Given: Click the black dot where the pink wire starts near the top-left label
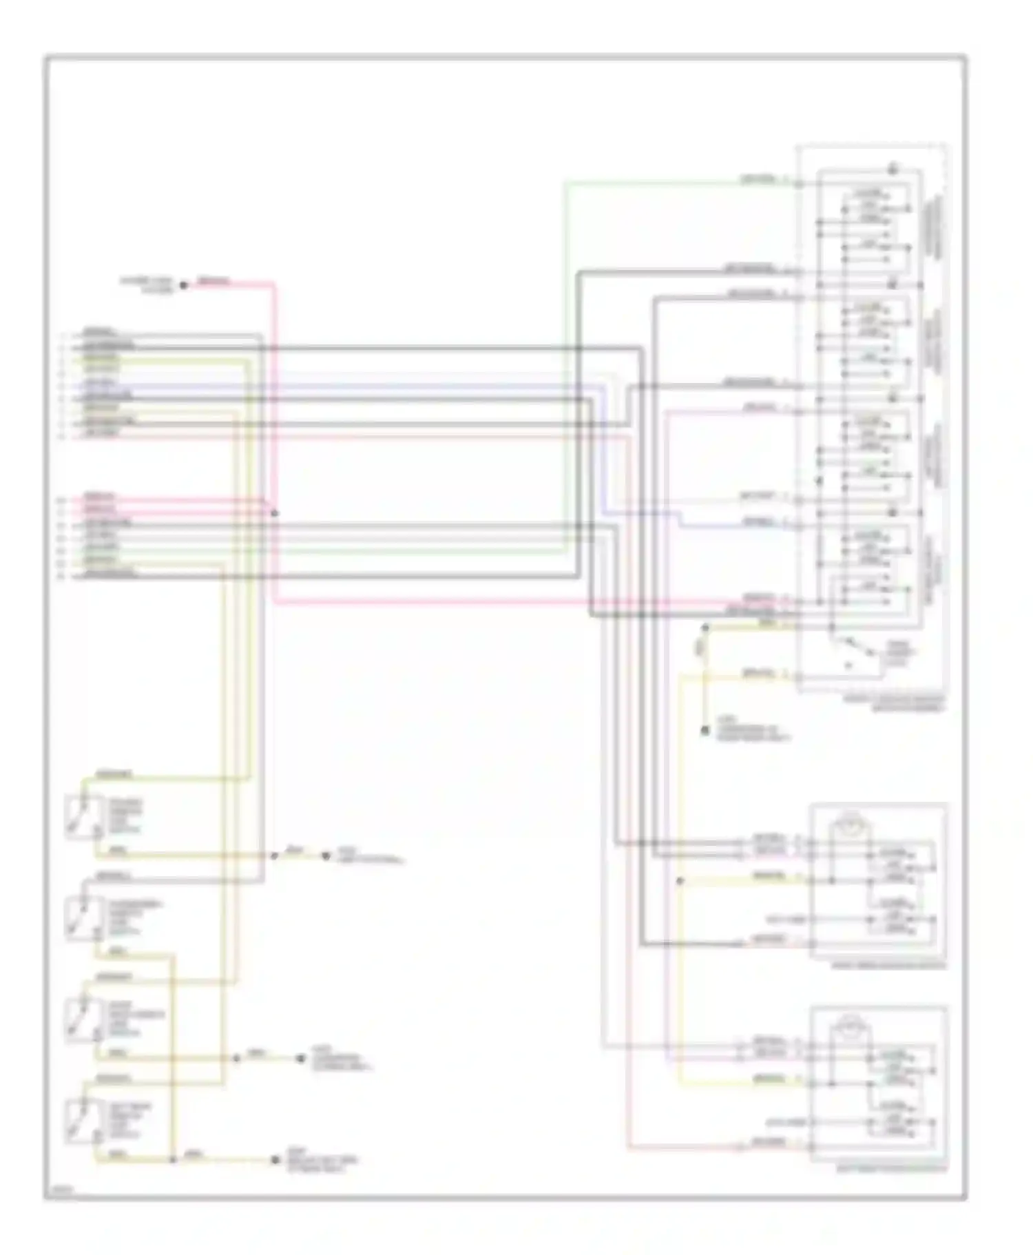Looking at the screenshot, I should [x=184, y=284].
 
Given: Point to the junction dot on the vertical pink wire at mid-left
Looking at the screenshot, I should [x=275, y=513].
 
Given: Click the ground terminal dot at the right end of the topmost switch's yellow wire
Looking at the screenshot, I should [x=326, y=856].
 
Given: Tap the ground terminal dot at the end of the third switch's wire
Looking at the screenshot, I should [x=301, y=1058].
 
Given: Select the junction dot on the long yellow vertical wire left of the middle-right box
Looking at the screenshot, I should [x=680, y=881].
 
